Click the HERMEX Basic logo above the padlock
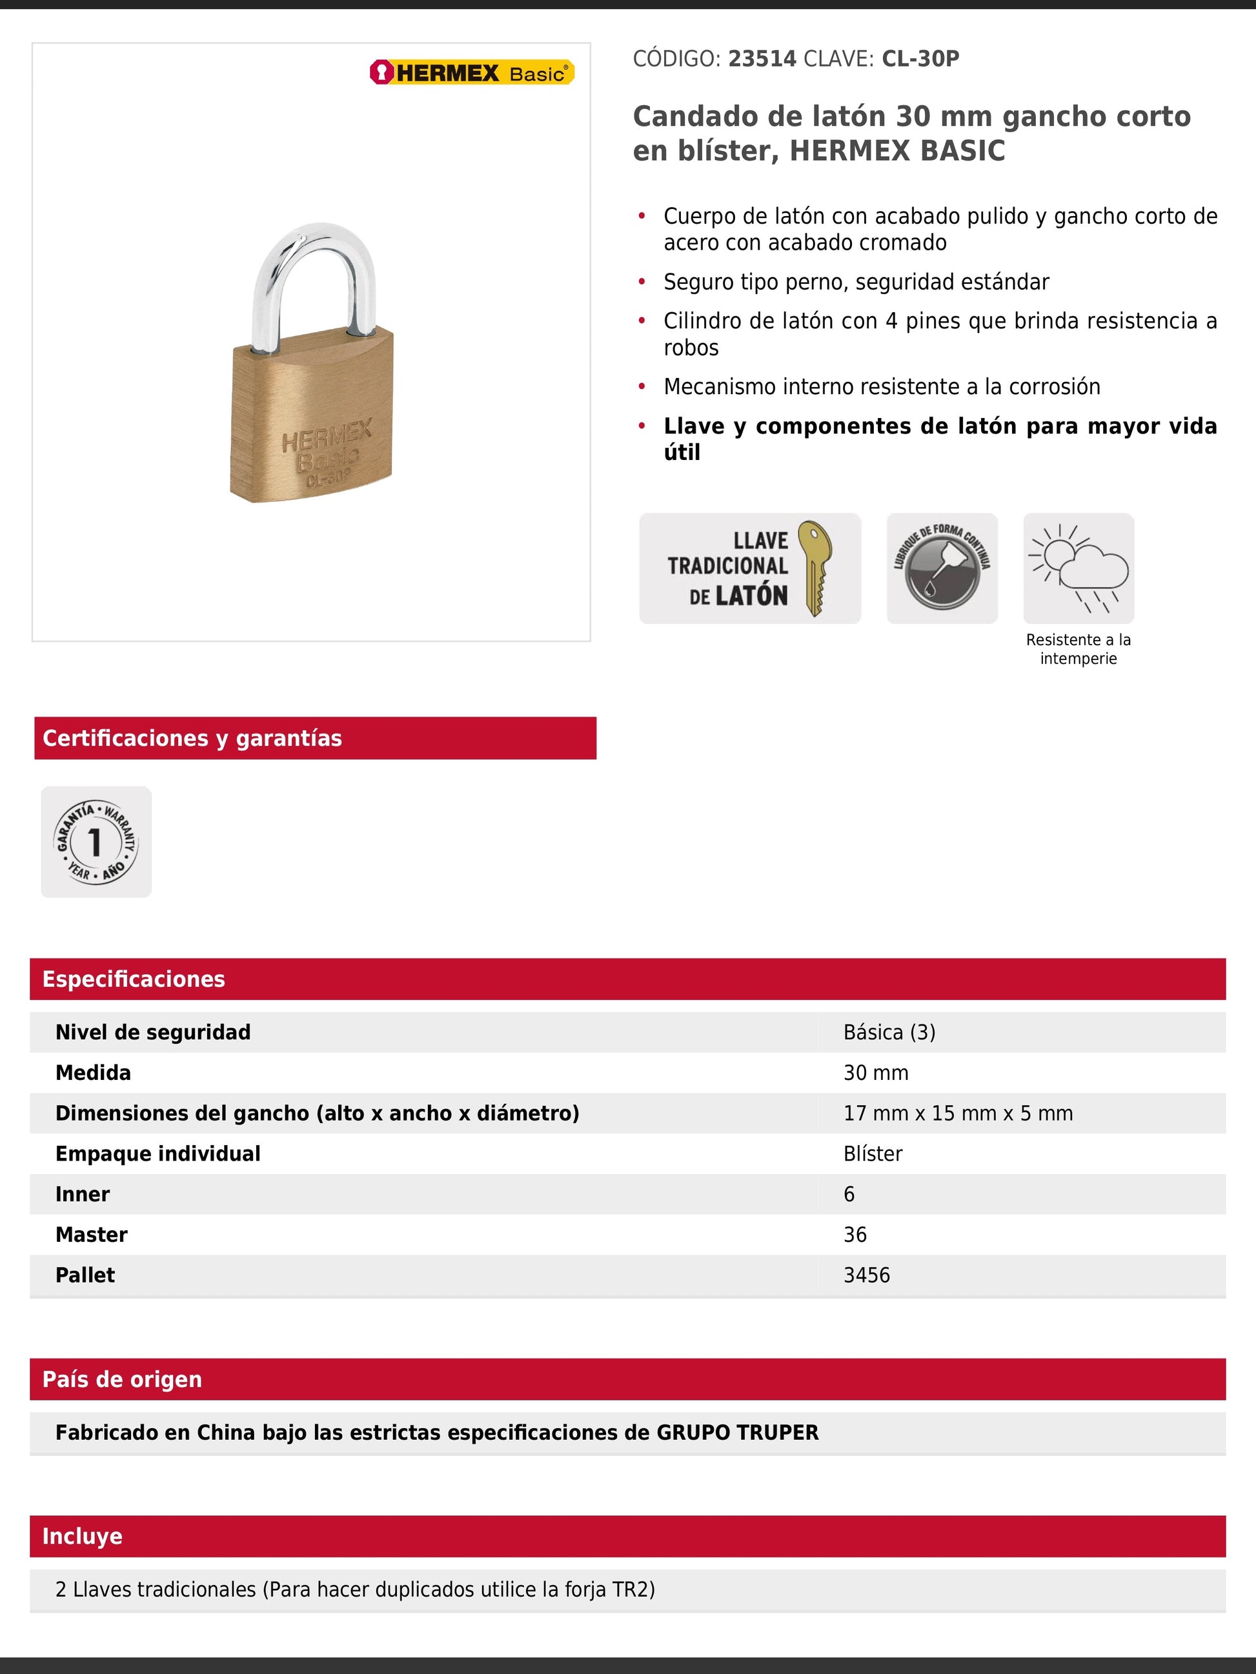click(x=472, y=73)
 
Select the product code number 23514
click(x=762, y=59)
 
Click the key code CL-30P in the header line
click(x=920, y=59)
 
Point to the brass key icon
click(x=815, y=568)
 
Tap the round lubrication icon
click(x=942, y=568)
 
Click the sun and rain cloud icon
click(x=1078, y=568)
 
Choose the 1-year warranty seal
click(x=96, y=842)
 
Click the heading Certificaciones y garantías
click(x=192, y=738)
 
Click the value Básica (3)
click(x=889, y=1032)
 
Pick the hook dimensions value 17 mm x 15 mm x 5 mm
click(x=958, y=1113)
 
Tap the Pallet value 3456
click(x=866, y=1275)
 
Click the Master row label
click(x=92, y=1234)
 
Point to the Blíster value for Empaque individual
click(x=872, y=1153)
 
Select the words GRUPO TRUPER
click(x=736, y=1433)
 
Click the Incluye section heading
click(x=83, y=1535)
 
